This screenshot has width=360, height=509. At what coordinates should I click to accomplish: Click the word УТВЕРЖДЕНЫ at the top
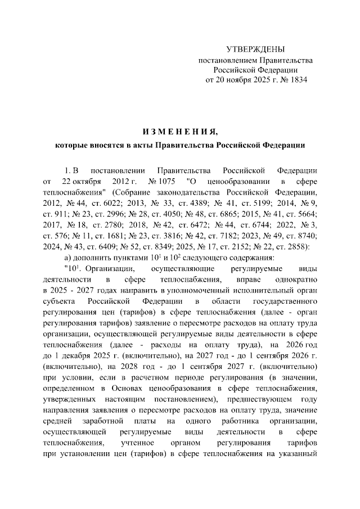point(255,49)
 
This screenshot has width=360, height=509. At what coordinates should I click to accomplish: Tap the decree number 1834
point(298,80)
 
